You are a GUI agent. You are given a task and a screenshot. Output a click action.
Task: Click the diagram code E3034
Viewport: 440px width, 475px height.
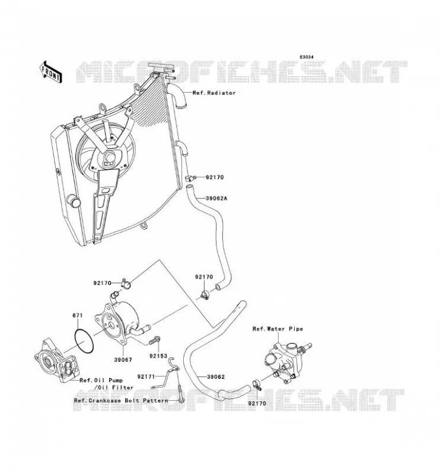coord(307,57)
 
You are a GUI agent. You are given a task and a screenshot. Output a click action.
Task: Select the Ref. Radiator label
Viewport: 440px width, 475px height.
coord(214,93)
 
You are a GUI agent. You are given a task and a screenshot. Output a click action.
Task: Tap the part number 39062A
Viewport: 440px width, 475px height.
coord(216,199)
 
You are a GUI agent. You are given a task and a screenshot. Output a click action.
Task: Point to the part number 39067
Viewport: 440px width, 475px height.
coord(123,360)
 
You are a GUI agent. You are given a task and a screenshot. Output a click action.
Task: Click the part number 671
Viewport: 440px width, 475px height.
coord(78,315)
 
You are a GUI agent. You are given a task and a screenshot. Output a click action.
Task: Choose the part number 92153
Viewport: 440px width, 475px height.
coord(158,356)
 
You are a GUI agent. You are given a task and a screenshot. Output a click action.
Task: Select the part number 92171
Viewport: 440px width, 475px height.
coord(146,376)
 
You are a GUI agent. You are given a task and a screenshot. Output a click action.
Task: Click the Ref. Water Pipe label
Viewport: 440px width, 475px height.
coord(278,329)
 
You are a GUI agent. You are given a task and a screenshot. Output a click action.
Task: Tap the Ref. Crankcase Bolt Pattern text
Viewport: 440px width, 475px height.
coord(121,400)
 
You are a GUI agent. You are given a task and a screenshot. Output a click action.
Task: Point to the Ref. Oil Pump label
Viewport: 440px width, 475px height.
coord(101,380)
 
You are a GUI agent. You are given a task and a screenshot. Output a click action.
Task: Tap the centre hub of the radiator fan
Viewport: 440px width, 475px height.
coord(109,157)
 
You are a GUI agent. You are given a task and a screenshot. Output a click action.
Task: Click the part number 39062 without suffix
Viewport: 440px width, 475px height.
coord(216,377)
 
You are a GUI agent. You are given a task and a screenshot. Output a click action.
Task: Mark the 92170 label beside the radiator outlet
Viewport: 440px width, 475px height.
coord(215,177)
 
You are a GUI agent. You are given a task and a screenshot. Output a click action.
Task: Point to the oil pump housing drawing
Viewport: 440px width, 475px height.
coord(57,360)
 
